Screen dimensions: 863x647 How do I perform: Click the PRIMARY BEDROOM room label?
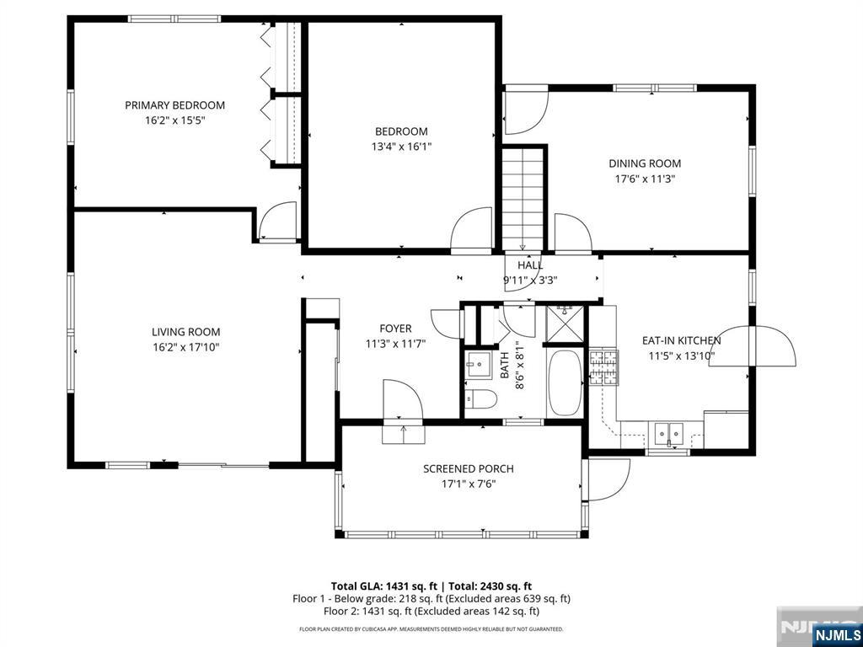(x=174, y=105)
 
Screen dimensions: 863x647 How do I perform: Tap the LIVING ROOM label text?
(x=186, y=332)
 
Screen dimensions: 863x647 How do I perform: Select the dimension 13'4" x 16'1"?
(x=401, y=147)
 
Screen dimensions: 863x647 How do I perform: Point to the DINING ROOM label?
(x=645, y=163)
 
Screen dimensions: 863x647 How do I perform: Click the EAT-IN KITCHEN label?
(x=681, y=340)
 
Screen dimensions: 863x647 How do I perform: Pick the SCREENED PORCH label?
(x=469, y=468)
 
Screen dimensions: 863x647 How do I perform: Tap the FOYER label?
(x=396, y=329)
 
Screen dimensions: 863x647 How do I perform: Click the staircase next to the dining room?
(x=523, y=199)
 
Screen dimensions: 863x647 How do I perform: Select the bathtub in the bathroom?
(x=565, y=383)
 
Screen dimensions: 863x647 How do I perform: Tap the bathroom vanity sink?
(x=479, y=364)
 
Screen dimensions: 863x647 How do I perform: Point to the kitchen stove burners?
(x=603, y=367)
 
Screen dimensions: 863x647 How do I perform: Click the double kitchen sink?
(x=668, y=433)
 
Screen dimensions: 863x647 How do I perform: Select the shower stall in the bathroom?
(x=565, y=323)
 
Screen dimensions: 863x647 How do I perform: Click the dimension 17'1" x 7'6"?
(x=469, y=484)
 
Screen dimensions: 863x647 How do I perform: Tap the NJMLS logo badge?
(x=835, y=634)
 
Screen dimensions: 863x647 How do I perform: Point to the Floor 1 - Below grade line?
(x=431, y=599)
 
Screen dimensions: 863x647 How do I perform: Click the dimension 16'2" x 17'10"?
(x=186, y=347)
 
